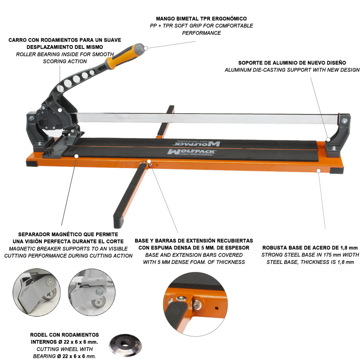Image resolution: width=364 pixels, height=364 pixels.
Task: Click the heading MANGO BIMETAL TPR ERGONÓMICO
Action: point(201,19)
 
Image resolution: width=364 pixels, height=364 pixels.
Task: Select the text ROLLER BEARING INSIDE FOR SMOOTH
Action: point(65,54)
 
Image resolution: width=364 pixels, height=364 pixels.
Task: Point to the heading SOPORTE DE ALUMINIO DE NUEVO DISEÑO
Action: point(292,63)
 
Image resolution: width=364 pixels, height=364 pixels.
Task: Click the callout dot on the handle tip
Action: point(146,48)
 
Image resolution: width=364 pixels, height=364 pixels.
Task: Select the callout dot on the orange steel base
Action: point(318,170)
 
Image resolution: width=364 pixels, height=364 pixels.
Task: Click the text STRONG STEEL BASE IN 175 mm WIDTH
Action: point(310,255)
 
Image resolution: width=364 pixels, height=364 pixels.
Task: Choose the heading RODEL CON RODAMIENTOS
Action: point(64,335)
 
